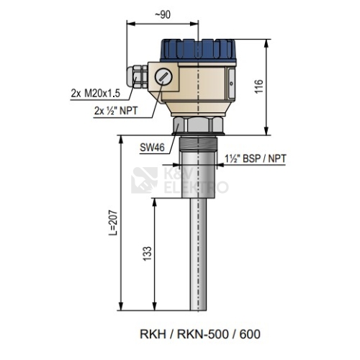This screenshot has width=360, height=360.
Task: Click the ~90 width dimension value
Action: click(x=163, y=15)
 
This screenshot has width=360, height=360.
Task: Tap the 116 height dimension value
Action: click(x=259, y=86)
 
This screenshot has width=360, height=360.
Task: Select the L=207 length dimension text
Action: click(x=112, y=223)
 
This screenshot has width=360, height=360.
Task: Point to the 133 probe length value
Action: click(x=148, y=253)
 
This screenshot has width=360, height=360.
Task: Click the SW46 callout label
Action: click(x=152, y=147)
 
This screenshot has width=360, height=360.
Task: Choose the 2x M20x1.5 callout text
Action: click(x=95, y=94)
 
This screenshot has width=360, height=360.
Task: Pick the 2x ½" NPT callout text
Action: click(x=116, y=111)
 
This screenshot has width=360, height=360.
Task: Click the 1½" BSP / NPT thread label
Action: click(x=256, y=158)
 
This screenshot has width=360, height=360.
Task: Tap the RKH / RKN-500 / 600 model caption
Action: click(x=200, y=334)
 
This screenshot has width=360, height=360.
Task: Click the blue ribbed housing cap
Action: click(x=198, y=50)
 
